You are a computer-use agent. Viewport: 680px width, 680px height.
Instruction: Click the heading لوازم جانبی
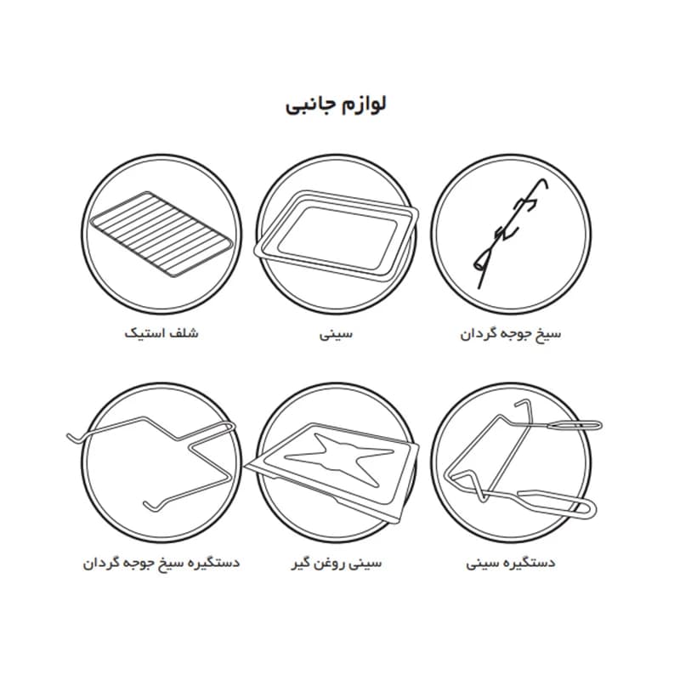[x=336, y=105]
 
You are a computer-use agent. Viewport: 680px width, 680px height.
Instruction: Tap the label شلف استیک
[x=161, y=333]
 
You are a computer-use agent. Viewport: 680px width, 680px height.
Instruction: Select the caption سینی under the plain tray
[x=336, y=334]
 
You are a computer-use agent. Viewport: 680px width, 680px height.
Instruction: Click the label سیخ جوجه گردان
[x=511, y=334]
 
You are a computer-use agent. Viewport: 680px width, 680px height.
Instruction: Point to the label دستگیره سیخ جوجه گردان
[x=161, y=563]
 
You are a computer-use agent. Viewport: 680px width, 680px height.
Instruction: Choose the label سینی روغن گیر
[x=337, y=563]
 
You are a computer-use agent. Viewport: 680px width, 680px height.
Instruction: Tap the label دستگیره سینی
[x=511, y=563]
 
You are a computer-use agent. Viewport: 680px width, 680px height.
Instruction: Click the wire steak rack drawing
[x=161, y=233]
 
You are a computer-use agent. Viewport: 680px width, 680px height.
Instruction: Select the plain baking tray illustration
[x=336, y=236]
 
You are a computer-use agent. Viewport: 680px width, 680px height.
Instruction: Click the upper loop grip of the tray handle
[x=574, y=425]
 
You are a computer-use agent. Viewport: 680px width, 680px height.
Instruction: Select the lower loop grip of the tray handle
[x=559, y=503]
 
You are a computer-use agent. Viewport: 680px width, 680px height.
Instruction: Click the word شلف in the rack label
[x=185, y=333]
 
